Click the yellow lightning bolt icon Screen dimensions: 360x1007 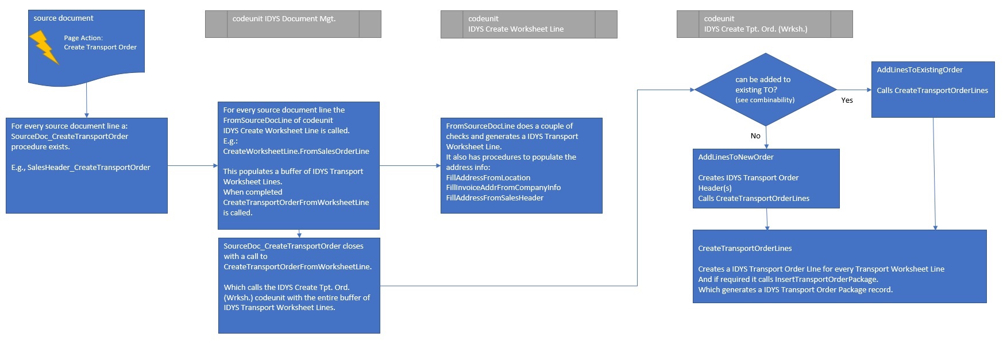coord(44,47)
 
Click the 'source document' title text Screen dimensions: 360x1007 coord(63,18)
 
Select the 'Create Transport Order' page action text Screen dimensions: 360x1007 coord(100,47)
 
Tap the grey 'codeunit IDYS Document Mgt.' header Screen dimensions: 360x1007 coord(293,24)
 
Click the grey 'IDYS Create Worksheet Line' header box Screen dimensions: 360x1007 coord(528,24)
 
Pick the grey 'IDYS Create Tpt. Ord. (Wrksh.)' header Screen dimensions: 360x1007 coord(765,24)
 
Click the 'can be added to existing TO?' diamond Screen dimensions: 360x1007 coord(765,89)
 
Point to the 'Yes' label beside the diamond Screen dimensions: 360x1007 coord(847,100)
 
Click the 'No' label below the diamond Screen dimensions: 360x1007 coord(755,136)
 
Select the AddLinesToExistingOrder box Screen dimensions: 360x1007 coord(932,90)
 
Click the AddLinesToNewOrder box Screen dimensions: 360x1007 coord(766,179)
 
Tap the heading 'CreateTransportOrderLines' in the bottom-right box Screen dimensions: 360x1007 coord(744,249)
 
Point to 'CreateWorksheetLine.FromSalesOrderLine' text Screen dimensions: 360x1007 coord(296,152)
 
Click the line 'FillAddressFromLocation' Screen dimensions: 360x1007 coord(488,178)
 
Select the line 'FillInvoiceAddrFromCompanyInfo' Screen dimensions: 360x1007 coord(503,188)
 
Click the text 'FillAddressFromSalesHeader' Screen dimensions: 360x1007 coord(495,198)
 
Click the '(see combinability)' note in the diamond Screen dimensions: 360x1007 coord(765,100)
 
